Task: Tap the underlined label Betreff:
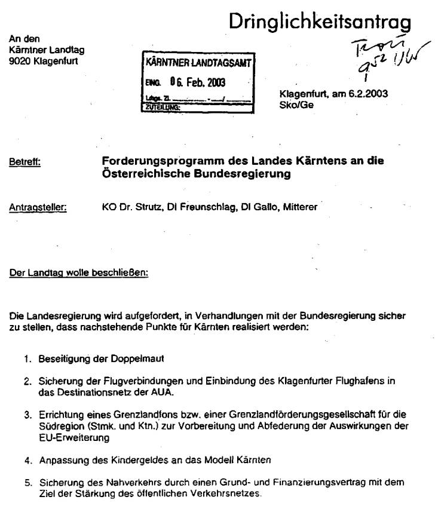24,161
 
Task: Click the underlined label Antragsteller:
38,209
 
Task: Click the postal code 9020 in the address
20,60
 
